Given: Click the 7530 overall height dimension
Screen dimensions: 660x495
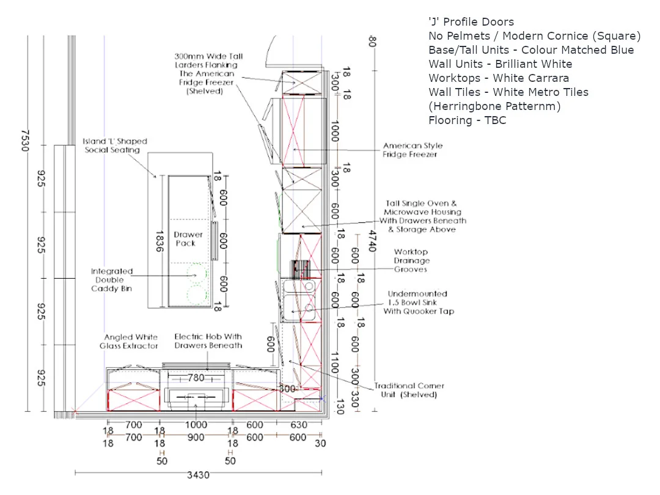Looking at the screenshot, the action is coord(25,141).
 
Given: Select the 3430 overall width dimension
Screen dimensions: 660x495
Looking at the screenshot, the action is coord(198,475).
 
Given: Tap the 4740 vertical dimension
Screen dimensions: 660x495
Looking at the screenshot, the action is coord(372,241).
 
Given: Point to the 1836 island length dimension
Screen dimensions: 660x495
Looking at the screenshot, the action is coord(159,241).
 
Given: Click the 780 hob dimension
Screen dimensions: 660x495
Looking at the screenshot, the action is coord(196,378).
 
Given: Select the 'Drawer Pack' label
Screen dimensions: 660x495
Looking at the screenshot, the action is coord(188,239).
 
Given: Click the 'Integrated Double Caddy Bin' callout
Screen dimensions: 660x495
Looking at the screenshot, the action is coord(112,280).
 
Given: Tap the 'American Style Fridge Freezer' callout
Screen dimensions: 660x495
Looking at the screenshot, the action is coord(413,150).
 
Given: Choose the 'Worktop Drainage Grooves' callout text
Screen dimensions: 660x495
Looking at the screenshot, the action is coord(411,260).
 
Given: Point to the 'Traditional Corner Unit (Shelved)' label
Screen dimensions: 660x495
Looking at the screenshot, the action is coord(409,390).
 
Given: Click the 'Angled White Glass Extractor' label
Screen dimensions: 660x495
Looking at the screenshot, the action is coord(129,342).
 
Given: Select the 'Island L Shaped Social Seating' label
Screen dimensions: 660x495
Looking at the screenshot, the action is coord(114,145).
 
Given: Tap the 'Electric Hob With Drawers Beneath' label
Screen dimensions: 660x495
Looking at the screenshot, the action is coord(208,341).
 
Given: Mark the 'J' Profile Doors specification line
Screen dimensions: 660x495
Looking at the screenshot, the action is coord(471,22).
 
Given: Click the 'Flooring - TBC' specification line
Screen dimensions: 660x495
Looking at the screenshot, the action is coord(468,120).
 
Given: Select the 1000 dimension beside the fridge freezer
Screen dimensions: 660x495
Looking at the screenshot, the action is coord(335,131).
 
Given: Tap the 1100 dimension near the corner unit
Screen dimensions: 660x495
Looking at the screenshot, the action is coord(335,363).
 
